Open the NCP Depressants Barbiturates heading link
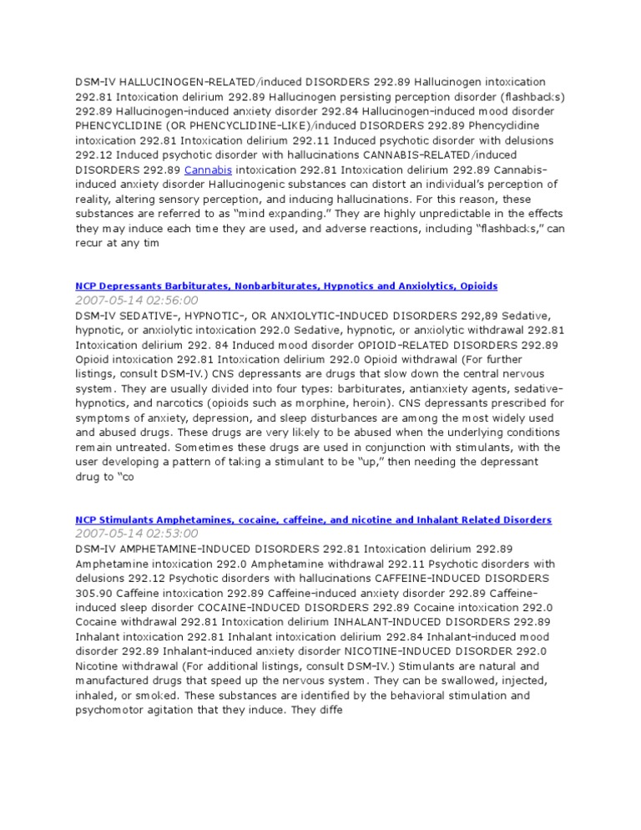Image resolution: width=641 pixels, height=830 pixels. tap(286, 286)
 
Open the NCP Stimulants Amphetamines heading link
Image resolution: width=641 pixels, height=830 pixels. tap(313, 519)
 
